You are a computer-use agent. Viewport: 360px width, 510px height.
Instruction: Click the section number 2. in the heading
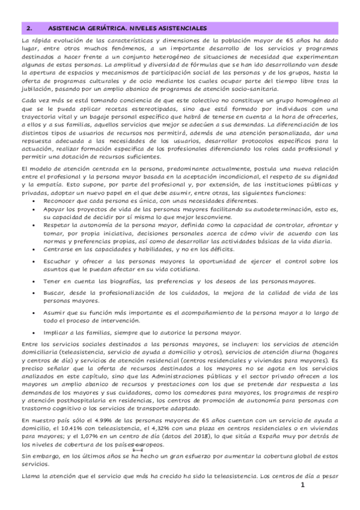(x=26, y=28)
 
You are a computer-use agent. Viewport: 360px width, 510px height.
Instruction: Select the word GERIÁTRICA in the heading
(x=102, y=28)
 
